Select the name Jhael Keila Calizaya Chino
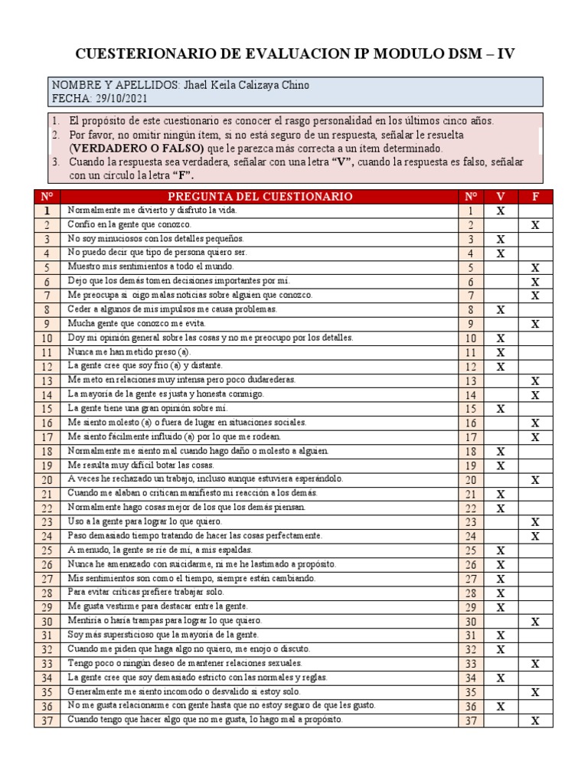coord(246,85)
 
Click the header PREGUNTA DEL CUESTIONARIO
coord(260,196)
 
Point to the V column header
coord(501,196)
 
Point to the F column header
coord(536,196)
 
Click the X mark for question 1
coord(501,211)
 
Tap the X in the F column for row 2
coord(536,225)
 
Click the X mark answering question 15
coord(501,409)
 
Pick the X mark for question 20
coord(536,480)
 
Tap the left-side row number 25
coord(47,550)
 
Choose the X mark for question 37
coord(536,720)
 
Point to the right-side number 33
coord(471,664)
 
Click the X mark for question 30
coord(536,622)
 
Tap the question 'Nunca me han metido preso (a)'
coord(129,351)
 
